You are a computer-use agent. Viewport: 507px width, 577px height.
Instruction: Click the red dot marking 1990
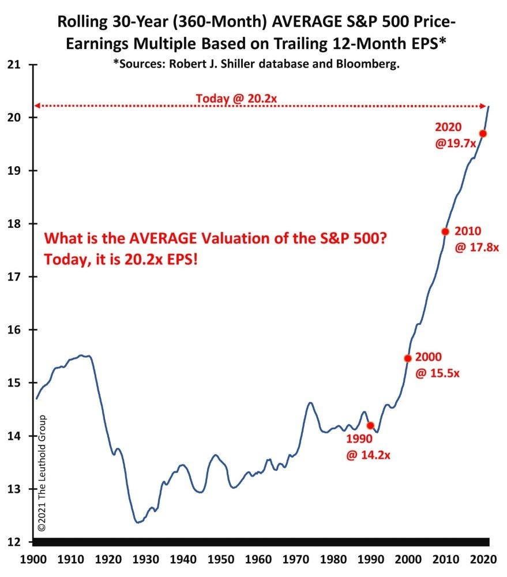click(370, 425)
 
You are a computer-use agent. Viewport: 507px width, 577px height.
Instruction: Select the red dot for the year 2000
click(408, 358)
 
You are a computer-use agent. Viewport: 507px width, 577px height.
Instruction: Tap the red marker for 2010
click(445, 231)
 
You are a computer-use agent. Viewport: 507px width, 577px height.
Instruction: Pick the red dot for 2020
click(483, 133)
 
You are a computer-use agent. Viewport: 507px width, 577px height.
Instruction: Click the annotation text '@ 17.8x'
click(476, 248)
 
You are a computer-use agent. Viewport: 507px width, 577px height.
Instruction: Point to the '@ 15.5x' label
click(437, 373)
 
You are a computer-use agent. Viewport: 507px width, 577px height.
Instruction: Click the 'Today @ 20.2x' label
click(236, 99)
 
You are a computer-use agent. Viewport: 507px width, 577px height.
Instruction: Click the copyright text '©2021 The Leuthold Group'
click(42, 471)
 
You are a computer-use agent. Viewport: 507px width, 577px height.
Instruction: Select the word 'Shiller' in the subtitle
click(230, 64)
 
